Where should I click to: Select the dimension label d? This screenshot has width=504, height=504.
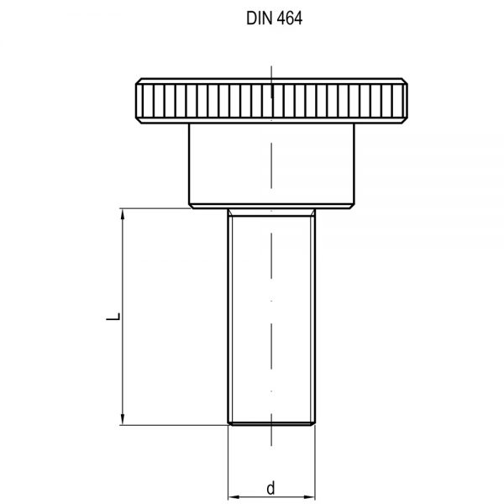pyautogui.click(x=270, y=487)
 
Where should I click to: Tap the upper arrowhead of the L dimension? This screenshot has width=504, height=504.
pyautogui.click(x=124, y=214)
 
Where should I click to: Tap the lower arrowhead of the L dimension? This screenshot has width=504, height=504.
pyautogui.click(x=124, y=420)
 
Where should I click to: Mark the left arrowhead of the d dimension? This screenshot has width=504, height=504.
pyautogui.click(x=235, y=497)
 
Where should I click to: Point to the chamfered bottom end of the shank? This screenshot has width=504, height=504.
pyautogui.click(x=271, y=423)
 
